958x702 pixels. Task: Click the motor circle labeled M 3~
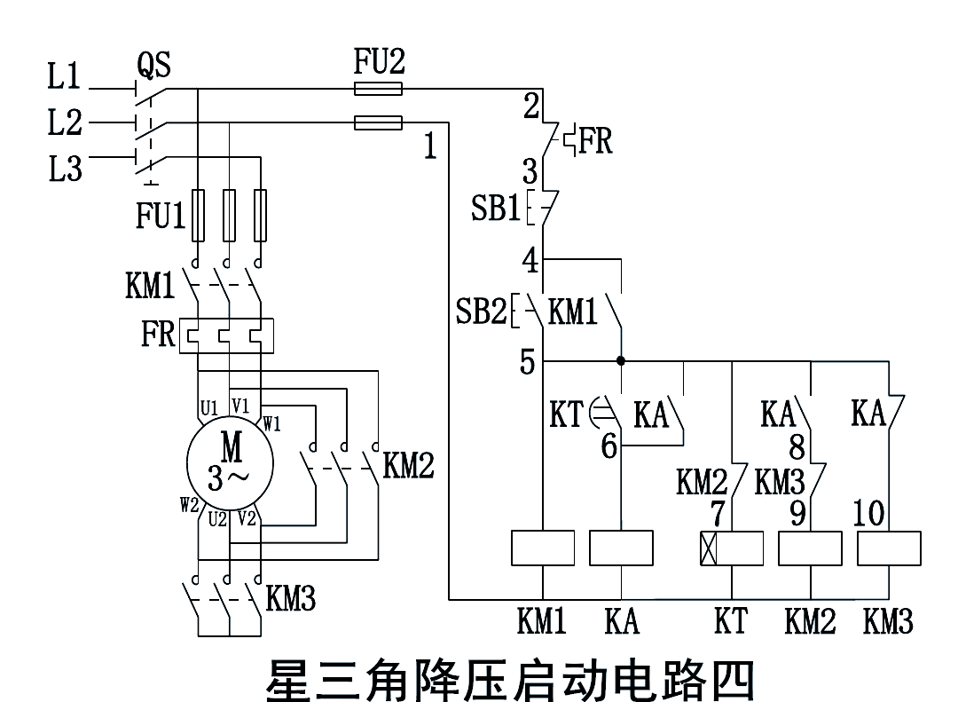[x=230, y=463]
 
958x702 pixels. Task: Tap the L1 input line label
[x=64, y=78]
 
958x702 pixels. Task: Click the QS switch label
[x=153, y=65]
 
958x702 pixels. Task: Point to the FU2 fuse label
[x=379, y=62]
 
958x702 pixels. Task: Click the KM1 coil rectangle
[x=542, y=548]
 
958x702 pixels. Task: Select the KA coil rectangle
[x=621, y=548]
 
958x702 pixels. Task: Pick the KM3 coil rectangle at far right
[x=889, y=548]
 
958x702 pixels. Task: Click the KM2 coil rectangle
[x=810, y=548]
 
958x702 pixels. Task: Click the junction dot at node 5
[x=621, y=361]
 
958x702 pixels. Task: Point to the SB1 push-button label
[x=495, y=209]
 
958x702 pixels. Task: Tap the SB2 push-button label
[x=480, y=312]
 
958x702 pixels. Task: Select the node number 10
[x=868, y=513]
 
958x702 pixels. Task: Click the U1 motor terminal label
[x=209, y=408]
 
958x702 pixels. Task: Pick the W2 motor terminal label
[x=189, y=506]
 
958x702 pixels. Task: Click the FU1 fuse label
[x=161, y=216]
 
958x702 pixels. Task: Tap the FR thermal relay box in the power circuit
[x=226, y=336]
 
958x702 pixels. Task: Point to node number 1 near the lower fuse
[x=429, y=146]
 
